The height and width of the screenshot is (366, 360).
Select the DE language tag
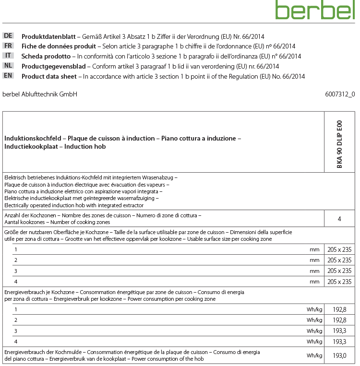click(8, 36)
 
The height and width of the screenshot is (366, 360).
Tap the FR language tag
click(8, 46)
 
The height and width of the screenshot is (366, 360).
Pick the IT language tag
click(8, 56)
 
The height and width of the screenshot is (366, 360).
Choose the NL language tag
click(8, 66)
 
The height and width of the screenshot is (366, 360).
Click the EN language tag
click(8, 76)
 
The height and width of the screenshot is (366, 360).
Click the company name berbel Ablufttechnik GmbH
click(40, 94)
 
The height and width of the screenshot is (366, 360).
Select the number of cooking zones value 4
click(339, 219)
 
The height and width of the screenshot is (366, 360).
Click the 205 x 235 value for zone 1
click(339, 249)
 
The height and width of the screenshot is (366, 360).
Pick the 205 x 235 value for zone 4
click(339, 282)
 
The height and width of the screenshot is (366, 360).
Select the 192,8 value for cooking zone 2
click(339, 320)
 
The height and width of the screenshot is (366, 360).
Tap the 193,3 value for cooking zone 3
click(339, 331)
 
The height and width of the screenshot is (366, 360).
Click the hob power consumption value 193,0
click(339, 355)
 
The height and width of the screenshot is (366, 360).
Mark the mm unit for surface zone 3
click(314, 271)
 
